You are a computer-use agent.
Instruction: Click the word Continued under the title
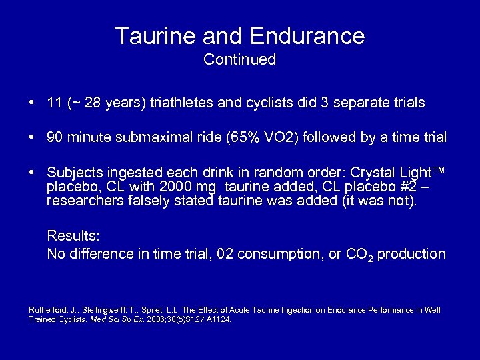pos(239,59)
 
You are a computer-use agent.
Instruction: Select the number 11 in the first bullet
pos(55,103)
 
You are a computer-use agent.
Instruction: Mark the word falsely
pos(140,201)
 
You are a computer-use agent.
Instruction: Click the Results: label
pos(72,237)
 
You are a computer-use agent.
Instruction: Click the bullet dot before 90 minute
pos(32,138)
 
